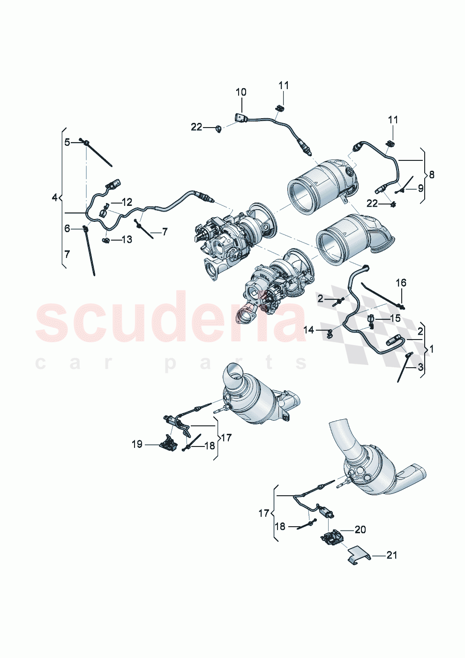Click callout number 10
240,92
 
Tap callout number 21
392,555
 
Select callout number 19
137,444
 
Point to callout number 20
360,529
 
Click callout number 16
401,283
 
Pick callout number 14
308,330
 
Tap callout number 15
395,318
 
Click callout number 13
127,240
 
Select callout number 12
127,203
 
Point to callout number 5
67,142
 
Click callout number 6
67,228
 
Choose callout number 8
431,174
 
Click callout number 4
54,197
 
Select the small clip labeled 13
106,241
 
